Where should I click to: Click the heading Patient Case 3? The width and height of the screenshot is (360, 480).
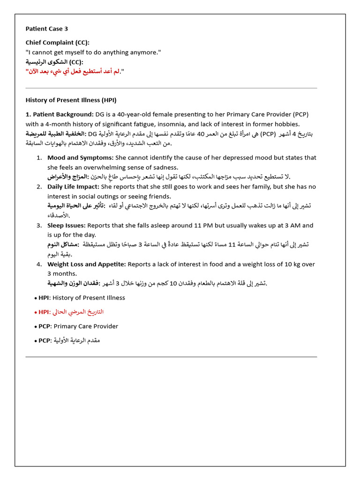[46, 29]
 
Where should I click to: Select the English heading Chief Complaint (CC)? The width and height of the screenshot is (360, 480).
[57, 43]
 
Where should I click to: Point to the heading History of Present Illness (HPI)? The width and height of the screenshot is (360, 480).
[71, 100]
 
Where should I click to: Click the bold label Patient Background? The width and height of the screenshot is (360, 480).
[60, 114]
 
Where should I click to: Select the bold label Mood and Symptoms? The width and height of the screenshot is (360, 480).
[80, 157]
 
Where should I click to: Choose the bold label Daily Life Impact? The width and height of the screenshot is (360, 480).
[73, 187]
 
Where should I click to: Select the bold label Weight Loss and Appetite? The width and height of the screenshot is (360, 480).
[87, 264]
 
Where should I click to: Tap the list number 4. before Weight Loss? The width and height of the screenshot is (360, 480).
[39, 264]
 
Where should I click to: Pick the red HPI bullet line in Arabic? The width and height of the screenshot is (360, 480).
[69, 312]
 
